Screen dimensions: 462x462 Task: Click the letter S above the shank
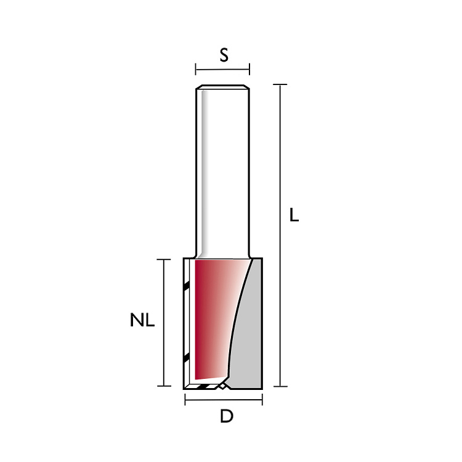(224, 55)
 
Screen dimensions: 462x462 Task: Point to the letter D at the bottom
(227, 416)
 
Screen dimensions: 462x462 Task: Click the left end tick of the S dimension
(196, 69)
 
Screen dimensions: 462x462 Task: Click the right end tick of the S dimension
(249, 69)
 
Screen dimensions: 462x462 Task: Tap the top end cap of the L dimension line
(280, 84)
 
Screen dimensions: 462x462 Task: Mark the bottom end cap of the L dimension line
(280, 386)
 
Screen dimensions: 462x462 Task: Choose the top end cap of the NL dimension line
(163, 259)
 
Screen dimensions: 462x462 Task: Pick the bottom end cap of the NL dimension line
(164, 386)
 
